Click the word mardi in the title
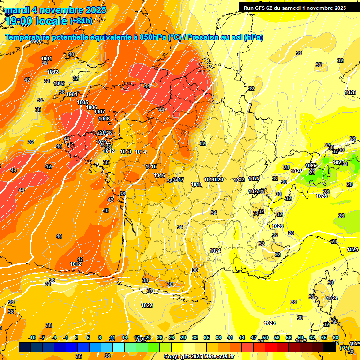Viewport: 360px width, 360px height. (x=17, y=10)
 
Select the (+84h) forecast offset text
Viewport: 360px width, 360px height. (x=81, y=21)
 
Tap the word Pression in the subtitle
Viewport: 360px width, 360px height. (x=202, y=37)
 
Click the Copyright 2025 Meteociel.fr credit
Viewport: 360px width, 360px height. (x=199, y=357)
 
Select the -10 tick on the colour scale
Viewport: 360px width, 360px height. (x=32, y=337)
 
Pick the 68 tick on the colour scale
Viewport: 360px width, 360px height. (x=336, y=337)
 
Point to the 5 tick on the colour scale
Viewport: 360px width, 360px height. (x=89, y=337)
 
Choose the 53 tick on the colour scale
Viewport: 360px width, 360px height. (x=277, y=337)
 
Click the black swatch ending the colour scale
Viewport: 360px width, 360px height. (x=330, y=347)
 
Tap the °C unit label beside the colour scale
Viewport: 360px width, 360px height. (x=345, y=348)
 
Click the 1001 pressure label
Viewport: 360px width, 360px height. (x=46, y=59)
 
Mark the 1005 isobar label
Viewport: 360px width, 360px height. (x=82, y=102)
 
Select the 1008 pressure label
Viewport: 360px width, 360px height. (x=104, y=119)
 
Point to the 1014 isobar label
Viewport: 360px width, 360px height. (x=141, y=152)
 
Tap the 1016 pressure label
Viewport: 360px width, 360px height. (x=159, y=175)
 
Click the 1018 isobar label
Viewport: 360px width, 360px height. (x=196, y=184)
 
